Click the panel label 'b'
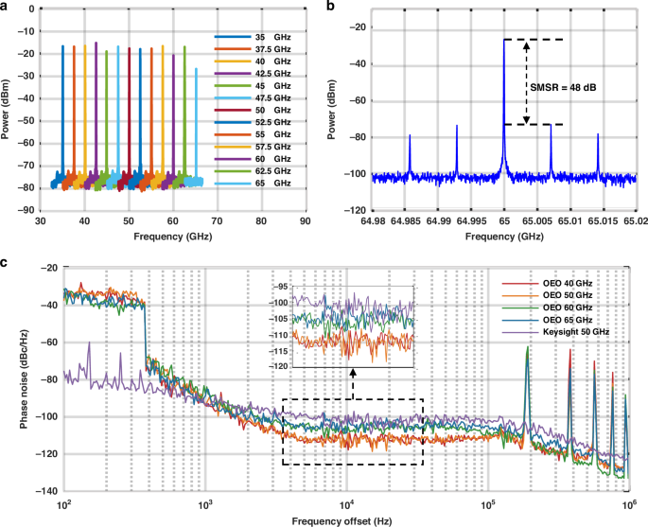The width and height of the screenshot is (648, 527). point(330,7)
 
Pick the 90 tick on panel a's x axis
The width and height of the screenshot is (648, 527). point(305,220)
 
